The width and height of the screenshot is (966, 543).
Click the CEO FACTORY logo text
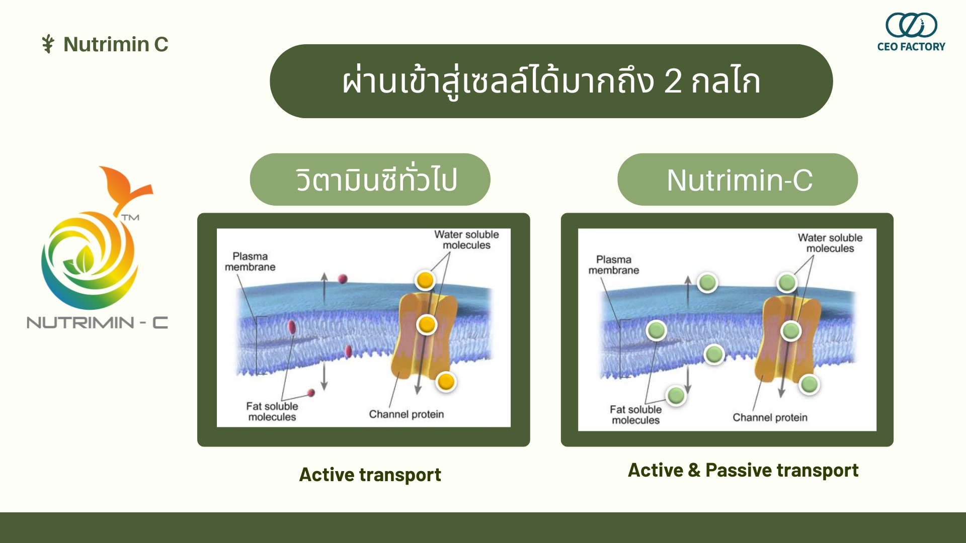click(x=911, y=47)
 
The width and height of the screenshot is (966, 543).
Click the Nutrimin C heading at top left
click(x=116, y=44)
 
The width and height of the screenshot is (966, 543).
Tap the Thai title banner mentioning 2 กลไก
click(x=551, y=81)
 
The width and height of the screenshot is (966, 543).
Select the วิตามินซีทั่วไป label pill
click(x=370, y=179)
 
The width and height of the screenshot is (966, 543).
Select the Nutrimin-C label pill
click(x=738, y=179)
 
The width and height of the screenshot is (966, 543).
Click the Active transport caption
click(x=370, y=475)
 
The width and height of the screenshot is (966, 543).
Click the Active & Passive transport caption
click(x=743, y=470)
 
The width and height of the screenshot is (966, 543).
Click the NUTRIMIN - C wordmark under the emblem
click(x=97, y=322)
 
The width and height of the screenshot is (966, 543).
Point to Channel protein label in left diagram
click(x=407, y=414)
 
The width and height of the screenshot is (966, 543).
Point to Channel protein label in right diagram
click(x=770, y=417)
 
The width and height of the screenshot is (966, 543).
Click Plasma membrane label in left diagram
click(x=250, y=261)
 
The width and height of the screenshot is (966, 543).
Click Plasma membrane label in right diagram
click(x=614, y=265)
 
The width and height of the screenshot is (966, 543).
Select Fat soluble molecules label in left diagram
click(x=272, y=411)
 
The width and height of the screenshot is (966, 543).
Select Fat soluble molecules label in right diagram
click(x=635, y=415)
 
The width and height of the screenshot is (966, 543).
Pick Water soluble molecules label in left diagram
click(x=466, y=240)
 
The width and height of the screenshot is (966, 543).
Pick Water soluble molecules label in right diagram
click(x=830, y=243)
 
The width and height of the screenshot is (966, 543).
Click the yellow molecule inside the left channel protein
click(x=427, y=325)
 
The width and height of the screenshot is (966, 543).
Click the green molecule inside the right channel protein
click(x=791, y=331)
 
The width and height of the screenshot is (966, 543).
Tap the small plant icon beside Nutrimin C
click(x=48, y=44)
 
